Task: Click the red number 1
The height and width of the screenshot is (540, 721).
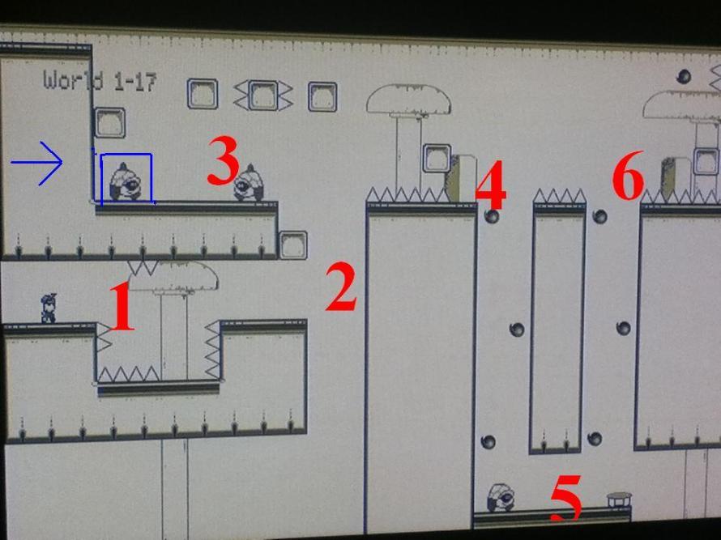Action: pyautogui.click(x=122, y=307)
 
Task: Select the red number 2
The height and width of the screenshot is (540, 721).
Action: pyautogui.click(x=341, y=287)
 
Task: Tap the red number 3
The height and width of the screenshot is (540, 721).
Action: pyautogui.click(x=224, y=159)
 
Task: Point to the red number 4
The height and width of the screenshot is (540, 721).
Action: pyautogui.click(x=491, y=184)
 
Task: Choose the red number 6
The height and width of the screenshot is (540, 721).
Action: pyautogui.click(x=628, y=175)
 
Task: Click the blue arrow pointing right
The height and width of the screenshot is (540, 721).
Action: pyautogui.click(x=36, y=163)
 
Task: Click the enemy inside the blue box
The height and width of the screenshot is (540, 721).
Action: pyautogui.click(x=125, y=182)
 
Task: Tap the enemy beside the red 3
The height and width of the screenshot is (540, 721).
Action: pyautogui.click(x=249, y=183)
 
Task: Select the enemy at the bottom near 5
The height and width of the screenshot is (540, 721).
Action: pyautogui.click(x=501, y=498)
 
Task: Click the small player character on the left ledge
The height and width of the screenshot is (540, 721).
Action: pyautogui.click(x=49, y=308)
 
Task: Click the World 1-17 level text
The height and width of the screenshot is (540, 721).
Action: pyautogui.click(x=100, y=81)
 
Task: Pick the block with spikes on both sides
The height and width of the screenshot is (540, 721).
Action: pyautogui.click(x=263, y=96)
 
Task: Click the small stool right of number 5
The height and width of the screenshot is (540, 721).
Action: pyautogui.click(x=619, y=500)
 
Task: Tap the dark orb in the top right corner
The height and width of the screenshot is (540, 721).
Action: pyautogui.click(x=684, y=76)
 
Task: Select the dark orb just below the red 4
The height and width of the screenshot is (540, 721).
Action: pyautogui.click(x=492, y=216)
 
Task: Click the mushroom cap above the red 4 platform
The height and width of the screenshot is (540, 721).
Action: pyautogui.click(x=409, y=99)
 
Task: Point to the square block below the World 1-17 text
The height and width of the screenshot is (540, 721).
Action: pyautogui.click(x=110, y=123)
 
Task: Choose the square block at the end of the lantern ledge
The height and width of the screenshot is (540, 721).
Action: pyautogui.click(x=293, y=245)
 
